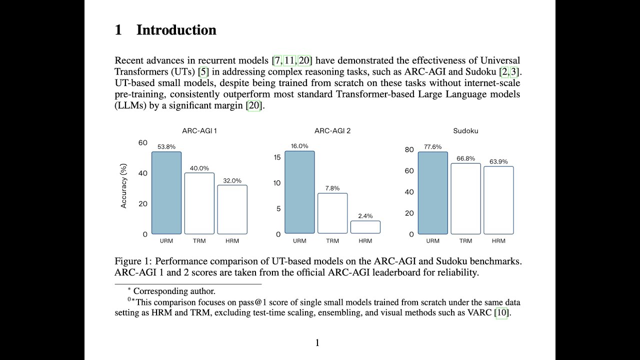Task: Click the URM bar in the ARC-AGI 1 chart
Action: pyautogui.click(x=166, y=193)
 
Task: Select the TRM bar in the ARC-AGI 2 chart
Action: pyautogui.click(x=332, y=213)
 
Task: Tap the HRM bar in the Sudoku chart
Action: pyautogui.click(x=498, y=200)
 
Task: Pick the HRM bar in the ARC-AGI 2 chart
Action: pyautogui.click(x=365, y=227)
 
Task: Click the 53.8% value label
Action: pyautogui.click(x=166, y=147)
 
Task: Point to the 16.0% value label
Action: pyautogui.click(x=299, y=146)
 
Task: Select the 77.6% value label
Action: pyautogui.click(x=432, y=147)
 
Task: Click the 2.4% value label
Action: pyautogui.click(x=365, y=216)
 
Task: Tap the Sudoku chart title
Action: pyautogui.click(x=465, y=131)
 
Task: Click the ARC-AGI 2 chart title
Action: pyautogui.click(x=332, y=131)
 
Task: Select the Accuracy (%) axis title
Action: pyautogui.click(x=124, y=186)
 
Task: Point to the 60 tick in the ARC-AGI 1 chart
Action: pyautogui.click(x=143, y=143)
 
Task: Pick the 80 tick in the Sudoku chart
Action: pyautogui.click(x=409, y=149)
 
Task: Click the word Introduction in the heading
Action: pyautogui.click(x=176, y=30)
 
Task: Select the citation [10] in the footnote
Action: pyautogui.click(x=501, y=313)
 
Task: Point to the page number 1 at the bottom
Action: pyautogui.click(x=317, y=342)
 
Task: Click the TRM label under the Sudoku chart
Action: pyautogui.click(x=465, y=241)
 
